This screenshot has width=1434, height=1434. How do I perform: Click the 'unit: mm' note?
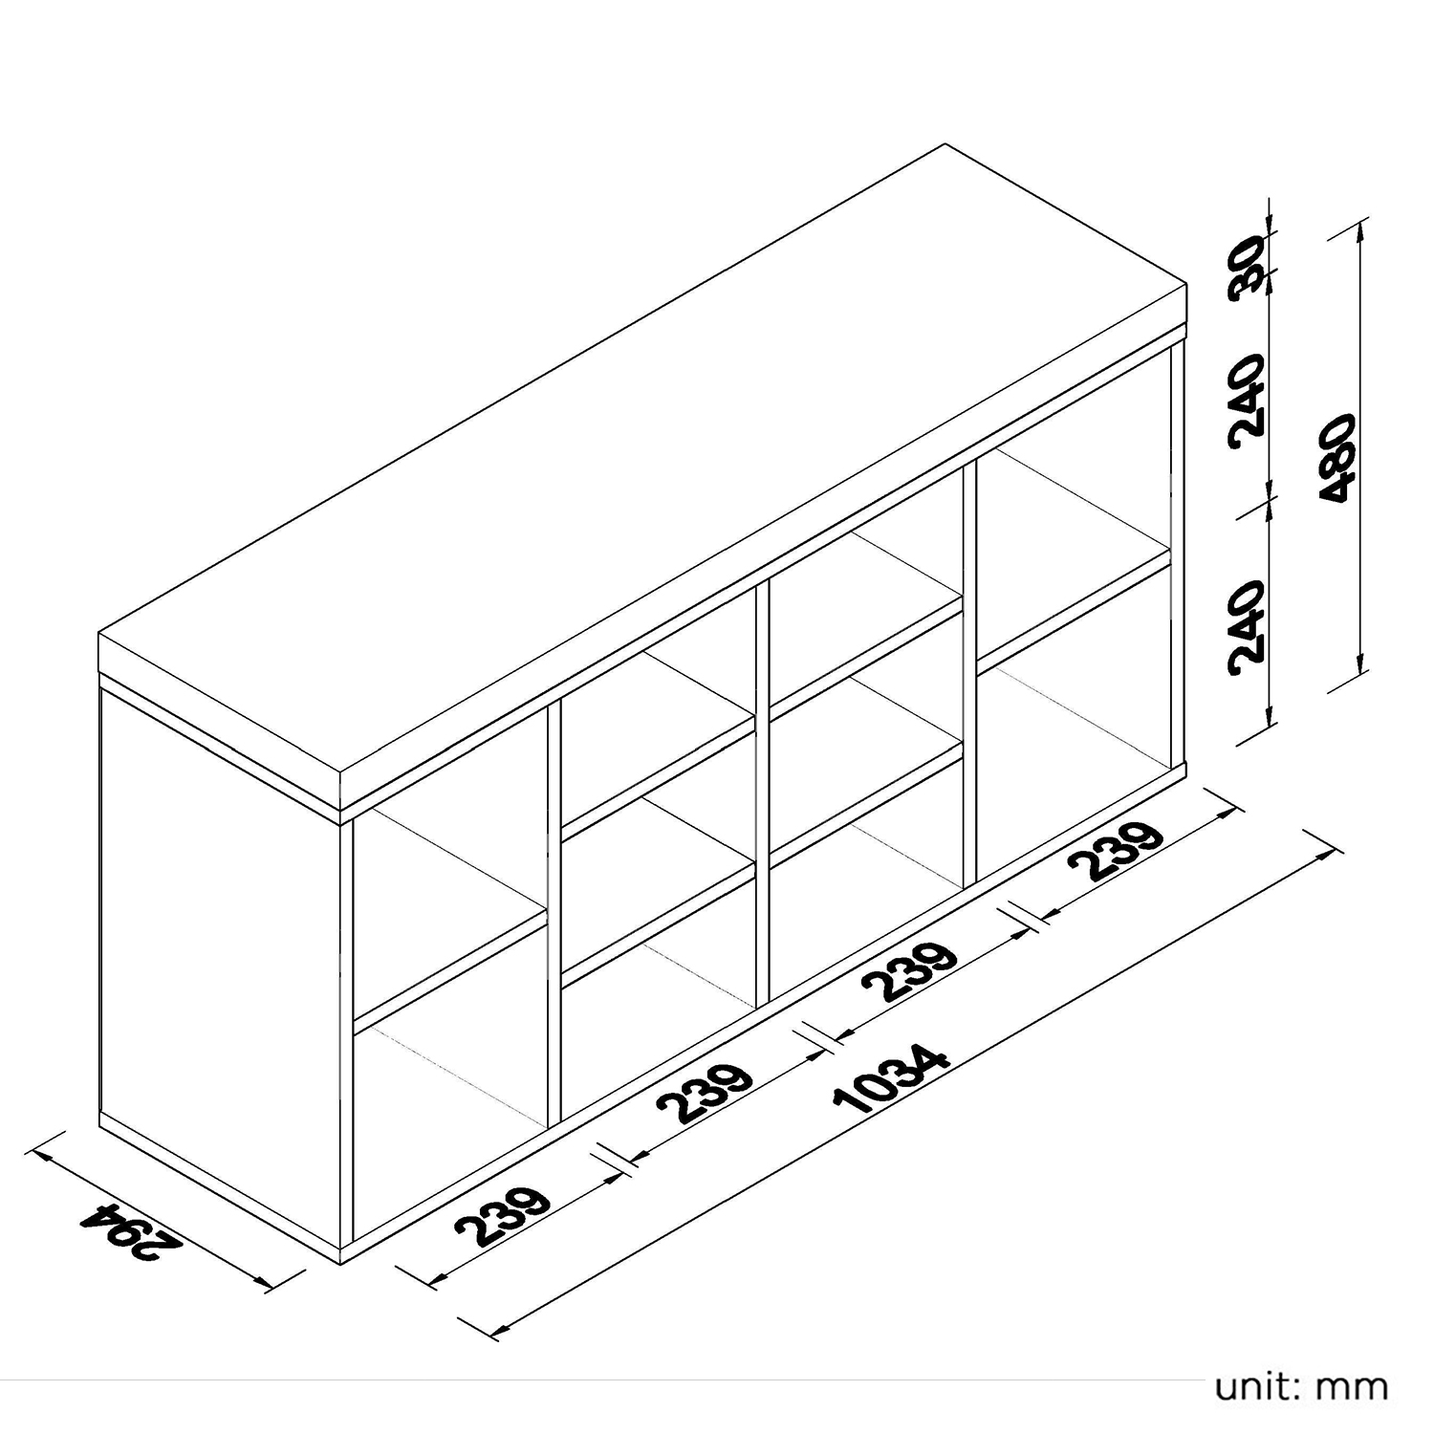tap(1301, 1385)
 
